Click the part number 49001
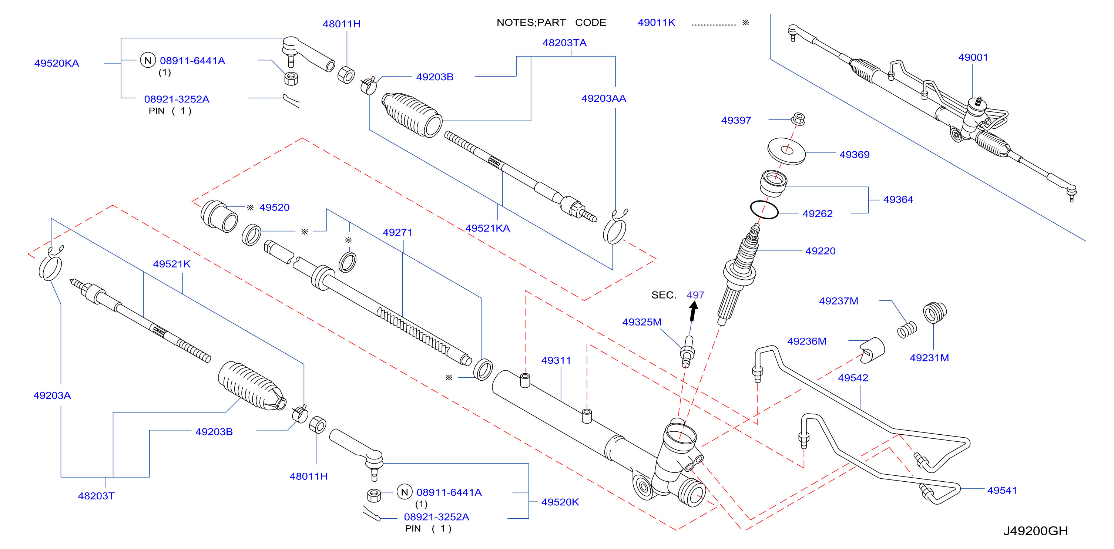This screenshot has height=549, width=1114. coord(973,57)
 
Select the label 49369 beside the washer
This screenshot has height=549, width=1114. coord(854,155)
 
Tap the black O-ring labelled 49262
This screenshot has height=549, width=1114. coord(764,209)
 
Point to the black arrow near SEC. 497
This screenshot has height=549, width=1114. coord(693,311)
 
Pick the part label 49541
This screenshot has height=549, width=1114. coord(1002,490)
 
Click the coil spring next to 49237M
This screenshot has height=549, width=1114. coord(907,330)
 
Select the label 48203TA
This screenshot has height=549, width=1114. coord(564,43)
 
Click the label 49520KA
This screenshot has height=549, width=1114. coord(57,63)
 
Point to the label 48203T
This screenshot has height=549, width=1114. coord(96,496)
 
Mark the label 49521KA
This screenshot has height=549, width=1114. coord(487,228)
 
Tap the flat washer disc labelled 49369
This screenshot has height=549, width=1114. coord(786,151)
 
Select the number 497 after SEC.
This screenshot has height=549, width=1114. coord(695,295)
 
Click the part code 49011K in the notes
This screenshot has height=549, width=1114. coord(656,23)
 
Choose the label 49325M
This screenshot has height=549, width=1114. coord(642,322)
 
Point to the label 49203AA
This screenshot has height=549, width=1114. coord(604,98)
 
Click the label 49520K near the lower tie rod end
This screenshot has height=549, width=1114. coord(560,502)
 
